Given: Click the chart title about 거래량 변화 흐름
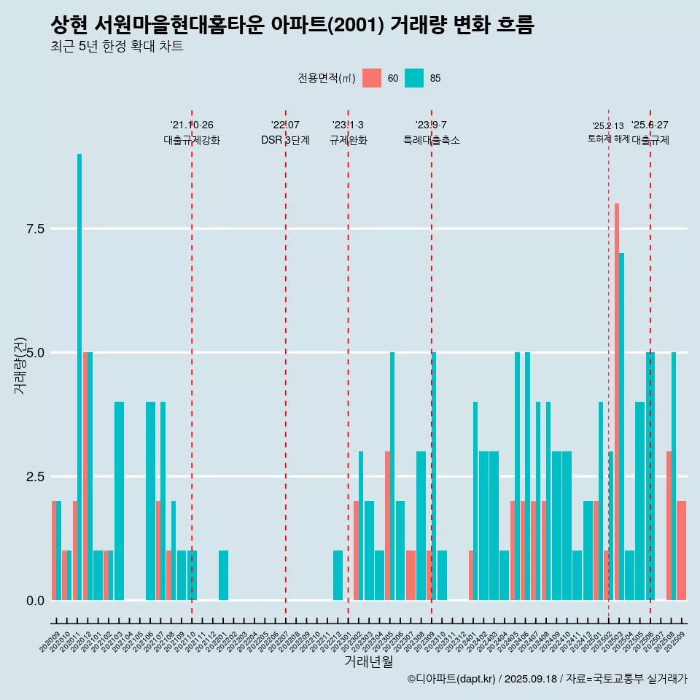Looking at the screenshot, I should pos(292,26).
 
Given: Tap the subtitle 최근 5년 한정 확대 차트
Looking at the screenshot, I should pos(117,47).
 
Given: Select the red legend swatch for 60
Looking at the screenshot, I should pos(372,78).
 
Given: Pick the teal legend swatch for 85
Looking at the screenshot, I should pos(414,78).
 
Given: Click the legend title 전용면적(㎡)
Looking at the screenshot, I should pos(326,79).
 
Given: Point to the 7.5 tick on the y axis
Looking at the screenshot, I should pos(36,229).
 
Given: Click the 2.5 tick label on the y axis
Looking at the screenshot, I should pos(36,477).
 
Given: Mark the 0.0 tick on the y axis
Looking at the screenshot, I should pos(36,601).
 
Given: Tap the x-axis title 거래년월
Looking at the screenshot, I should pos(368,662).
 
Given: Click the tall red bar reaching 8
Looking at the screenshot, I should pos(617,401).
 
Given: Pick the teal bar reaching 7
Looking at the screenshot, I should pos(622,427).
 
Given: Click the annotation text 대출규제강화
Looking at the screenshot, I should pos(191,141).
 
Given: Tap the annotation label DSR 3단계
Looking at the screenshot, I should pos(285,141).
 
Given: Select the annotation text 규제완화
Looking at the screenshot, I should pos(348,141).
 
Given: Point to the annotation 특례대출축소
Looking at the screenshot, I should pos(431,141).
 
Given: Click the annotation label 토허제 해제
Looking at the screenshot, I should pos(608,139).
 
